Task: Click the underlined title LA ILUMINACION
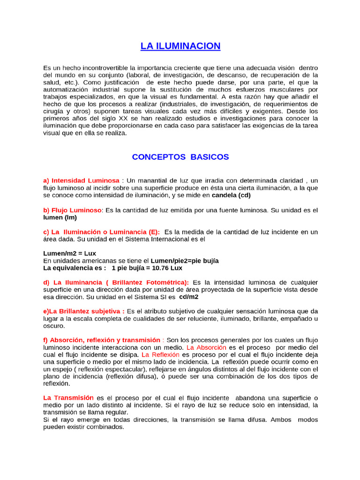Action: [x=180, y=46]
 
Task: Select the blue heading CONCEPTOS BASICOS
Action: [x=180, y=157]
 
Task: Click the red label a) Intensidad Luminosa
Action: [x=81, y=180]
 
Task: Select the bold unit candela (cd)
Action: [x=231, y=195]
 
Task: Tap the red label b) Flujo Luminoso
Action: [x=72, y=210]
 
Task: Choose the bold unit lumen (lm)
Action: [x=60, y=217]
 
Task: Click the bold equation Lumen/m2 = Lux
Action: [x=69, y=253]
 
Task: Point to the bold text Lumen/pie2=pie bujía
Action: [x=185, y=261]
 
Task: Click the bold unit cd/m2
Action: [x=189, y=297]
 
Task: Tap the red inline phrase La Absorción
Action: [x=206, y=347]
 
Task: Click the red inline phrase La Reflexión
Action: [x=160, y=355]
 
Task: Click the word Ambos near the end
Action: [x=280, y=420]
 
